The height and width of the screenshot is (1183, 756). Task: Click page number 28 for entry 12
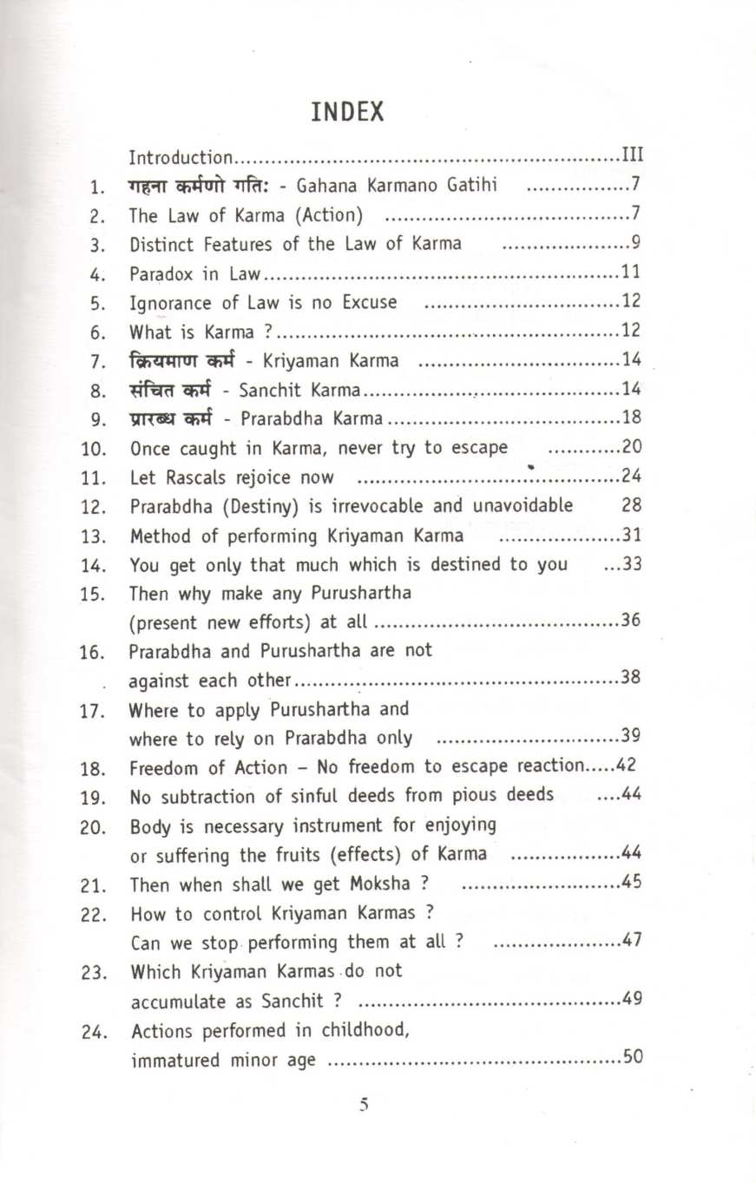pyautogui.click(x=634, y=505)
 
